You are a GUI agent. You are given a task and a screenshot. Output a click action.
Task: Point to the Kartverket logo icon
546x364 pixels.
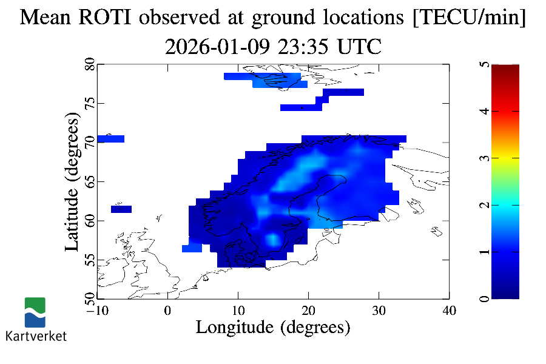35,312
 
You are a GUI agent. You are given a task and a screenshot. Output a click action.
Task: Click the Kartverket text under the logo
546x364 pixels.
36,335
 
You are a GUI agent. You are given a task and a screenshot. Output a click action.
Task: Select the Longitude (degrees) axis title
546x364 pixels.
273,328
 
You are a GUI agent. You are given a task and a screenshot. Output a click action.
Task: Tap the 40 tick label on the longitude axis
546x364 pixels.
449,311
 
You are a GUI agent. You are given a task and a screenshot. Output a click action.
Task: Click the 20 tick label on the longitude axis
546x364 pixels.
308,311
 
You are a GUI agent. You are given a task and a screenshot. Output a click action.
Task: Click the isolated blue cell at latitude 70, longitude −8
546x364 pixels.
110,139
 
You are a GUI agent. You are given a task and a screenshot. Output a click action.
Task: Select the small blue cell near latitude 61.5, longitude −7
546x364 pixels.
121,209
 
